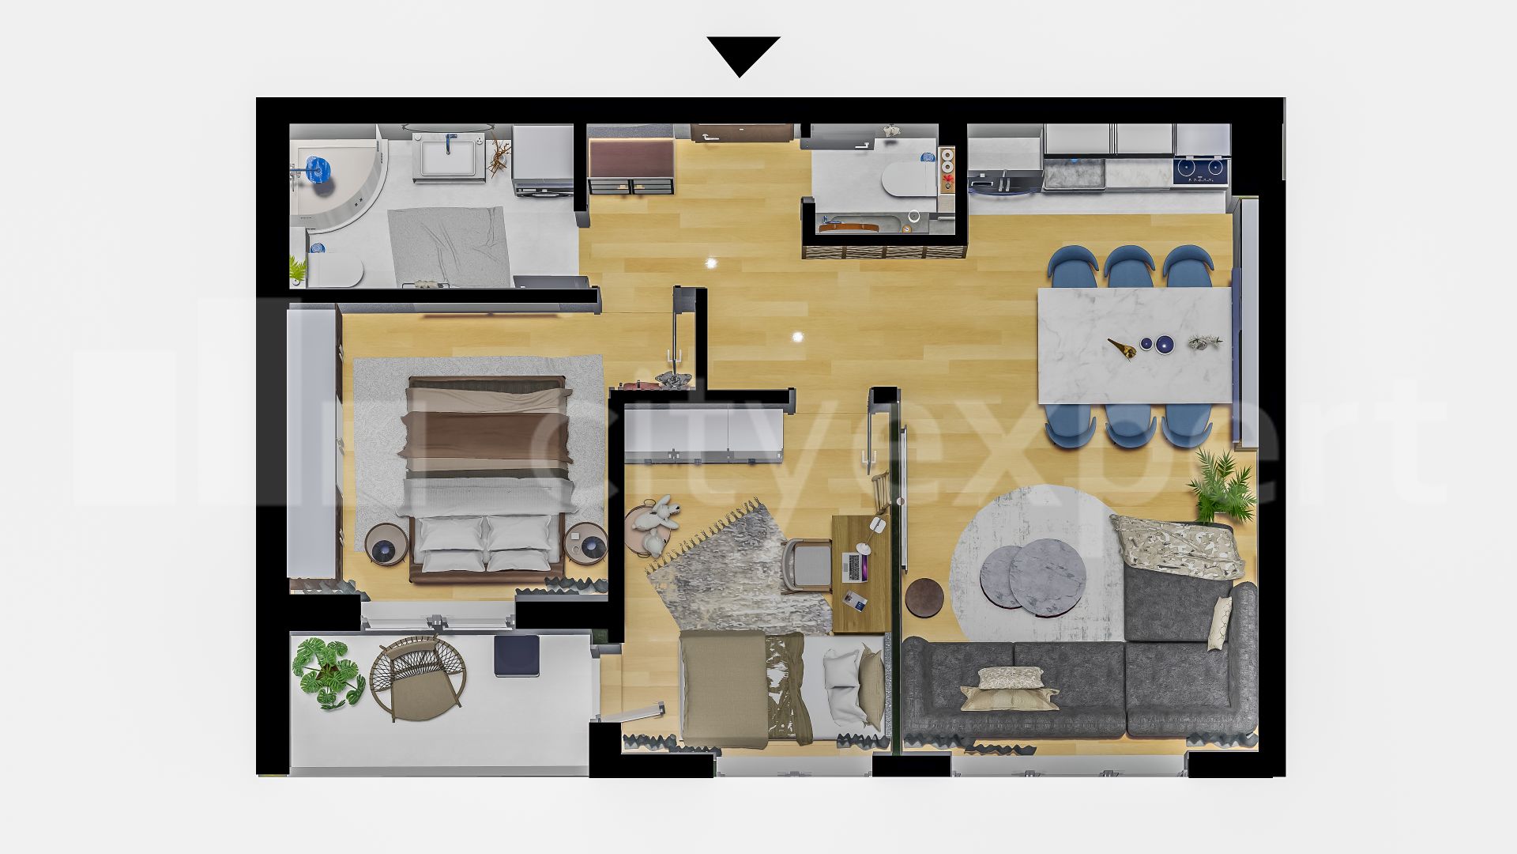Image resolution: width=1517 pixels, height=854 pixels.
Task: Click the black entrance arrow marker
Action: (x=743, y=54)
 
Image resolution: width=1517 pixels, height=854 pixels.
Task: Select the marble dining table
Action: (x=1135, y=345)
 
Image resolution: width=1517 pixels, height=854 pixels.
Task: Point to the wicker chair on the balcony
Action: (x=417, y=677)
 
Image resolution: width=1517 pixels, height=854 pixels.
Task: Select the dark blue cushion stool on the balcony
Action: (x=517, y=656)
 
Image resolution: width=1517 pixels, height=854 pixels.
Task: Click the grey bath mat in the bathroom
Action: (x=446, y=245)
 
